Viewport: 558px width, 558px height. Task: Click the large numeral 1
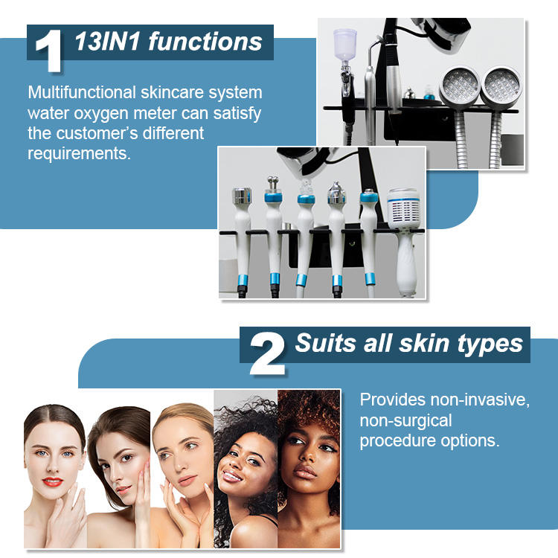pyautogui.click(x=49, y=51)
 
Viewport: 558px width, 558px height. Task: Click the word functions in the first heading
pyautogui.click(x=205, y=42)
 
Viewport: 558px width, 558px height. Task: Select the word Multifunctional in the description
pyautogui.click(x=82, y=92)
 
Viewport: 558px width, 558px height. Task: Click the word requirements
pyautogui.click(x=79, y=154)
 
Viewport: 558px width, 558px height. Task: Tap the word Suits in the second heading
pyautogui.click(x=325, y=343)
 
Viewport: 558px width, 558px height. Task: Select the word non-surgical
pyautogui.click(x=405, y=420)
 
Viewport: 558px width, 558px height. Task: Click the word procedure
pyautogui.click(x=397, y=441)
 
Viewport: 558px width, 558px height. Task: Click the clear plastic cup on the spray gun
pyautogui.click(x=344, y=45)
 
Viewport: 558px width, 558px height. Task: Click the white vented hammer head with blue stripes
pyautogui.click(x=404, y=209)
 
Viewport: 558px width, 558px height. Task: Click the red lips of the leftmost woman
pyautogui.click(x=53, y=482)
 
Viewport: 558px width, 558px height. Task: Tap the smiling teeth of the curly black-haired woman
pyautogui.click(x=231, y=475)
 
